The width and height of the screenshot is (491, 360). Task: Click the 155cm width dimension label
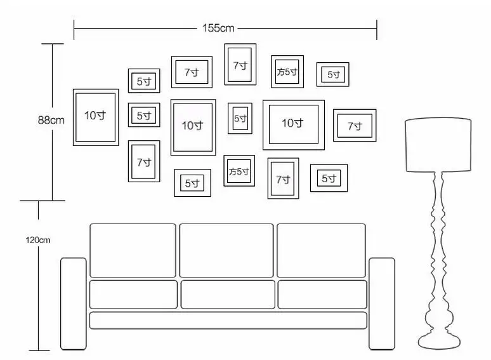coord(219,28)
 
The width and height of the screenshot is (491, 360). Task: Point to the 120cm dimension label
coord(38,240)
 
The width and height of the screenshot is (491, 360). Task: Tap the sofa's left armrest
coord(73,303)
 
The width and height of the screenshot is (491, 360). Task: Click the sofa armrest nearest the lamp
coord(381,303)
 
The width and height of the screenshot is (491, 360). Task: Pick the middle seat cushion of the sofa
coord(228,294)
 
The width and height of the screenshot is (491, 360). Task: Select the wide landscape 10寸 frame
coord(293,124)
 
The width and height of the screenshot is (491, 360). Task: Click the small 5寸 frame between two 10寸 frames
coord(240,119)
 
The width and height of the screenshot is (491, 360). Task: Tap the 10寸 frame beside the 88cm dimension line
coord(96,117)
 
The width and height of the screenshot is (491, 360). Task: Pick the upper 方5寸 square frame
coord(287,72)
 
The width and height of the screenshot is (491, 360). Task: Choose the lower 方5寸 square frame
coord(239,171)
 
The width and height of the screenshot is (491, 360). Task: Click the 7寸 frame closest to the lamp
coord(355,126)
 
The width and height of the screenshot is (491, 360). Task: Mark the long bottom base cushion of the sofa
coord(228,320)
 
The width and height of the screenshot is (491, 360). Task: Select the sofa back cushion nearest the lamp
coord(321,250)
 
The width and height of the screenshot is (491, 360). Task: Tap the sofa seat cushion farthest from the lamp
coord(133,294)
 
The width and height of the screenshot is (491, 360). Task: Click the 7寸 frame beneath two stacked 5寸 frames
coord(144,161)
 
